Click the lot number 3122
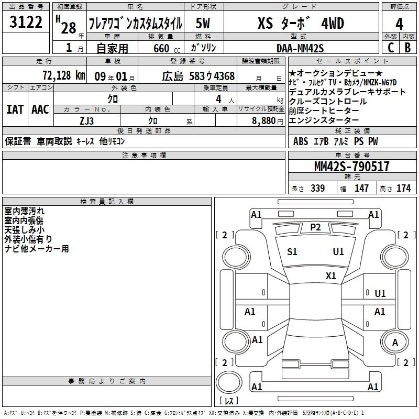(26, 22)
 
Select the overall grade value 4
(399, 24)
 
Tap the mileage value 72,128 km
(64, 75)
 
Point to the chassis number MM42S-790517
(351, 166)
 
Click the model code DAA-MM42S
(300, 48)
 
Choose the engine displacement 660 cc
(167, 48)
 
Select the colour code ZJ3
(87, 121)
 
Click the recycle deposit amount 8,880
(264, 121)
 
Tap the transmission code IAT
(15, 109)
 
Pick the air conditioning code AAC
(40, 109)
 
